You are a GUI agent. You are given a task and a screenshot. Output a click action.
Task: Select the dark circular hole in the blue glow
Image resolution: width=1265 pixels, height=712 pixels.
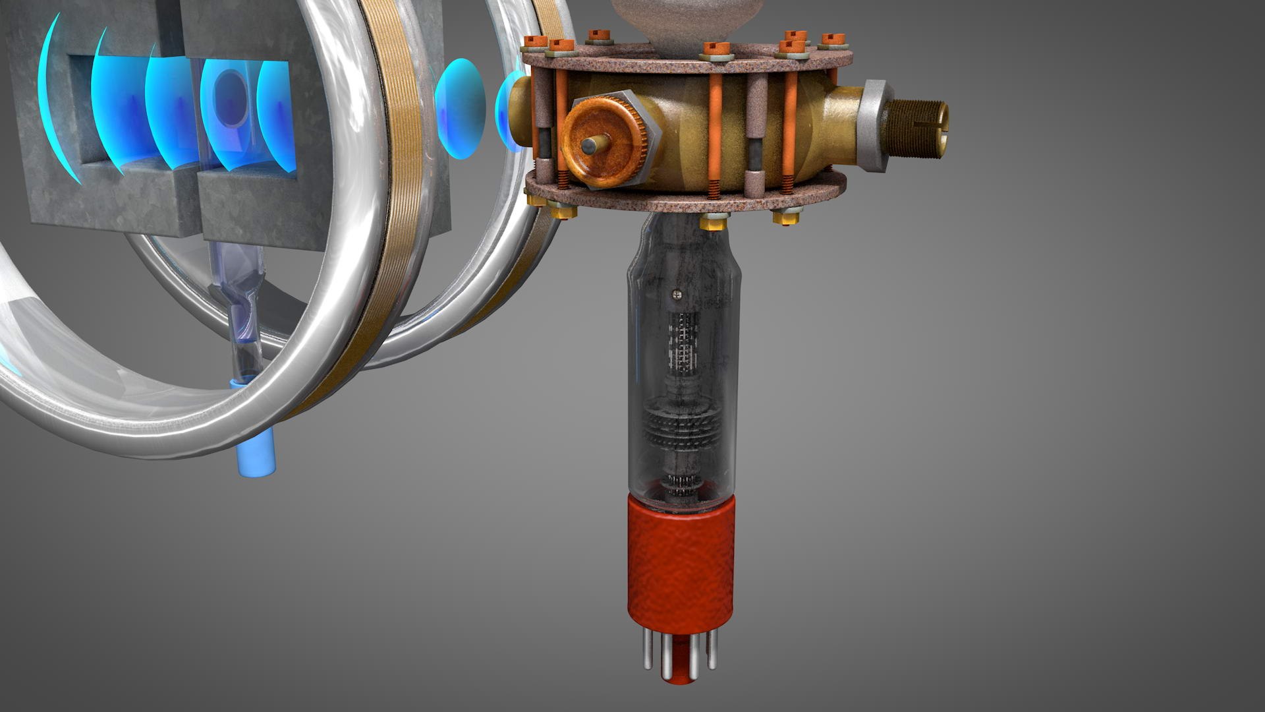[231, 99]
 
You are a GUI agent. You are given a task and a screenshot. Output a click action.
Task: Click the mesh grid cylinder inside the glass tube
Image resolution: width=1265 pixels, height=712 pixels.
[682, 343]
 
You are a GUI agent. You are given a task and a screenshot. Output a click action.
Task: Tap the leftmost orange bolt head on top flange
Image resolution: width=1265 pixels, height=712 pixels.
[531, 43]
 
